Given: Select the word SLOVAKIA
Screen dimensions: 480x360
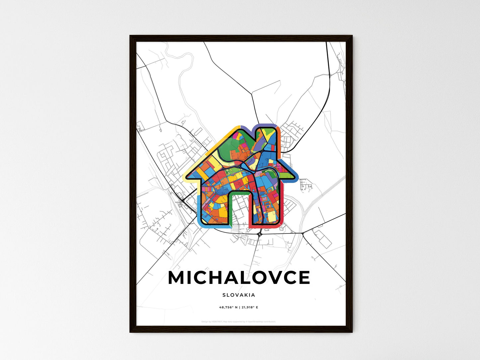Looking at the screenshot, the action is tap(239, 295).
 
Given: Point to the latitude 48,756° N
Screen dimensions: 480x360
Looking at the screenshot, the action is tap(228, 307).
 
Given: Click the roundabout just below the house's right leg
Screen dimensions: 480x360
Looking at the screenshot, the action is tap(259, 234).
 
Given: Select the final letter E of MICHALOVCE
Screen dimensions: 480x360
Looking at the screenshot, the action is tap(304, 278).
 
